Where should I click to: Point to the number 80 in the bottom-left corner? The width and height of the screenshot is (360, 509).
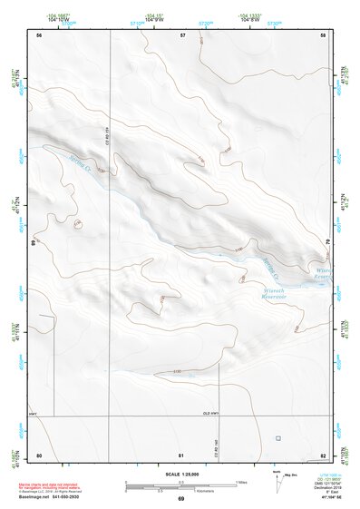coord(39,455)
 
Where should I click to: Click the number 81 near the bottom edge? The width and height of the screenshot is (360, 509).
coord(181,455)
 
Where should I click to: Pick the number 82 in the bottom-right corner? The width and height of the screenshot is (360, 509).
coord(323,455)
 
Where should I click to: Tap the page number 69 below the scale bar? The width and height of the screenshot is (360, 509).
coord(180,499)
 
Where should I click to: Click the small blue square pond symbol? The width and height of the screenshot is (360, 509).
coord(277,438)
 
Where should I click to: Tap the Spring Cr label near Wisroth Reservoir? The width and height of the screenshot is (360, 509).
coord(268,268)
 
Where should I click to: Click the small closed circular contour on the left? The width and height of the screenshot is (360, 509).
coord(78,223)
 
